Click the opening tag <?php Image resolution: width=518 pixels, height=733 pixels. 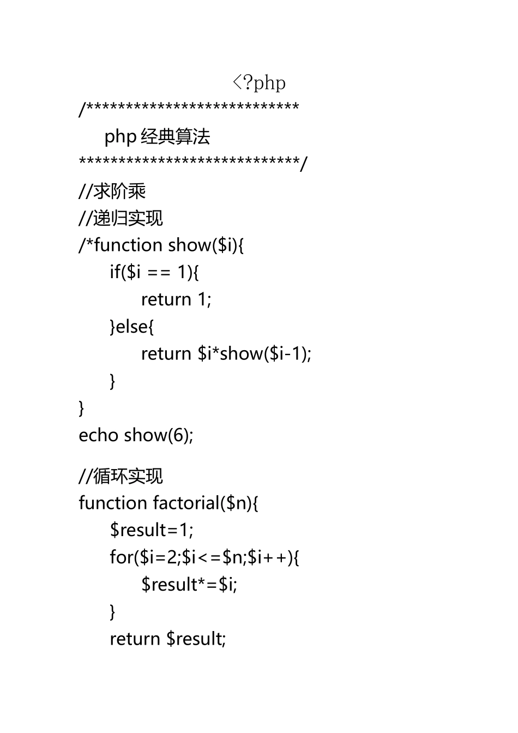[259, 83]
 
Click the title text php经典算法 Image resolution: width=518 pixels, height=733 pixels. [157, 136]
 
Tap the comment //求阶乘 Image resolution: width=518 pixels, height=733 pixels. [112, 191]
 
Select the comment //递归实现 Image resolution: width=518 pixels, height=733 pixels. [121, 218]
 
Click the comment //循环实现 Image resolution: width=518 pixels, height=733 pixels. [121, 476]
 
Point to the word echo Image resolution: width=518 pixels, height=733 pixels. [99, 435]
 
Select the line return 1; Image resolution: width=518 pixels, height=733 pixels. [176, 299]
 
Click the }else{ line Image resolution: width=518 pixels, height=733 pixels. [132, 327]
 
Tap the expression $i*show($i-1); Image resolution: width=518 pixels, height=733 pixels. [255, 354]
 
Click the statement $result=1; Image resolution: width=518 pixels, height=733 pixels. [152, 530]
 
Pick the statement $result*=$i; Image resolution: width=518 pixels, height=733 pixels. [189, 585]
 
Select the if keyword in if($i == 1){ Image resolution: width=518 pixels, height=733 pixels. [115, 272]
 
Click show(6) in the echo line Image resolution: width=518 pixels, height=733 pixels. [158, 435]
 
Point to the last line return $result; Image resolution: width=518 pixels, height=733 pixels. [168, 639]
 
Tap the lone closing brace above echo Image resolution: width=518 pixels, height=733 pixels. [82, 408]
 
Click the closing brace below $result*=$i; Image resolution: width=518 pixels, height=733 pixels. [113, 612]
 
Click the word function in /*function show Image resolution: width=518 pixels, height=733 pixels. [128, 245]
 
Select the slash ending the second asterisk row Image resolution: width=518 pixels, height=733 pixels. [304, 164]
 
